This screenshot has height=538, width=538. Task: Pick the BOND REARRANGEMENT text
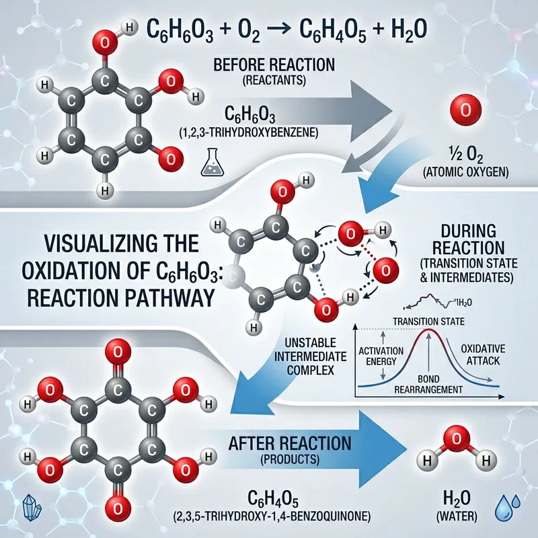(x=428, y=384)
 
